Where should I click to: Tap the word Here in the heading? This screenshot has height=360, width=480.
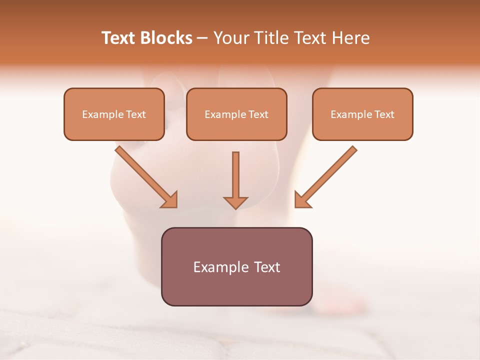350,38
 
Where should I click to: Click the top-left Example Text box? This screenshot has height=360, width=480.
114,114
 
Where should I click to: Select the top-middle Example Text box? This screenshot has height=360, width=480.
236,114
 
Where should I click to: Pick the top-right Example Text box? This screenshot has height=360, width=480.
362,114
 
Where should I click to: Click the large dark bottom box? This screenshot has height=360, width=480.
236,266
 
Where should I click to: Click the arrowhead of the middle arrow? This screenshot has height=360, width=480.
235,202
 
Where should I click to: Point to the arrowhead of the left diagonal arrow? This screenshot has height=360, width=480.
170,200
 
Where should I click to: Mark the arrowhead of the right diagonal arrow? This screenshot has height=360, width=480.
301,200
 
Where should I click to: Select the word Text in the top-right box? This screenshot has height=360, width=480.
384,114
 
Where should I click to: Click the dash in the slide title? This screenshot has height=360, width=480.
202,38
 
